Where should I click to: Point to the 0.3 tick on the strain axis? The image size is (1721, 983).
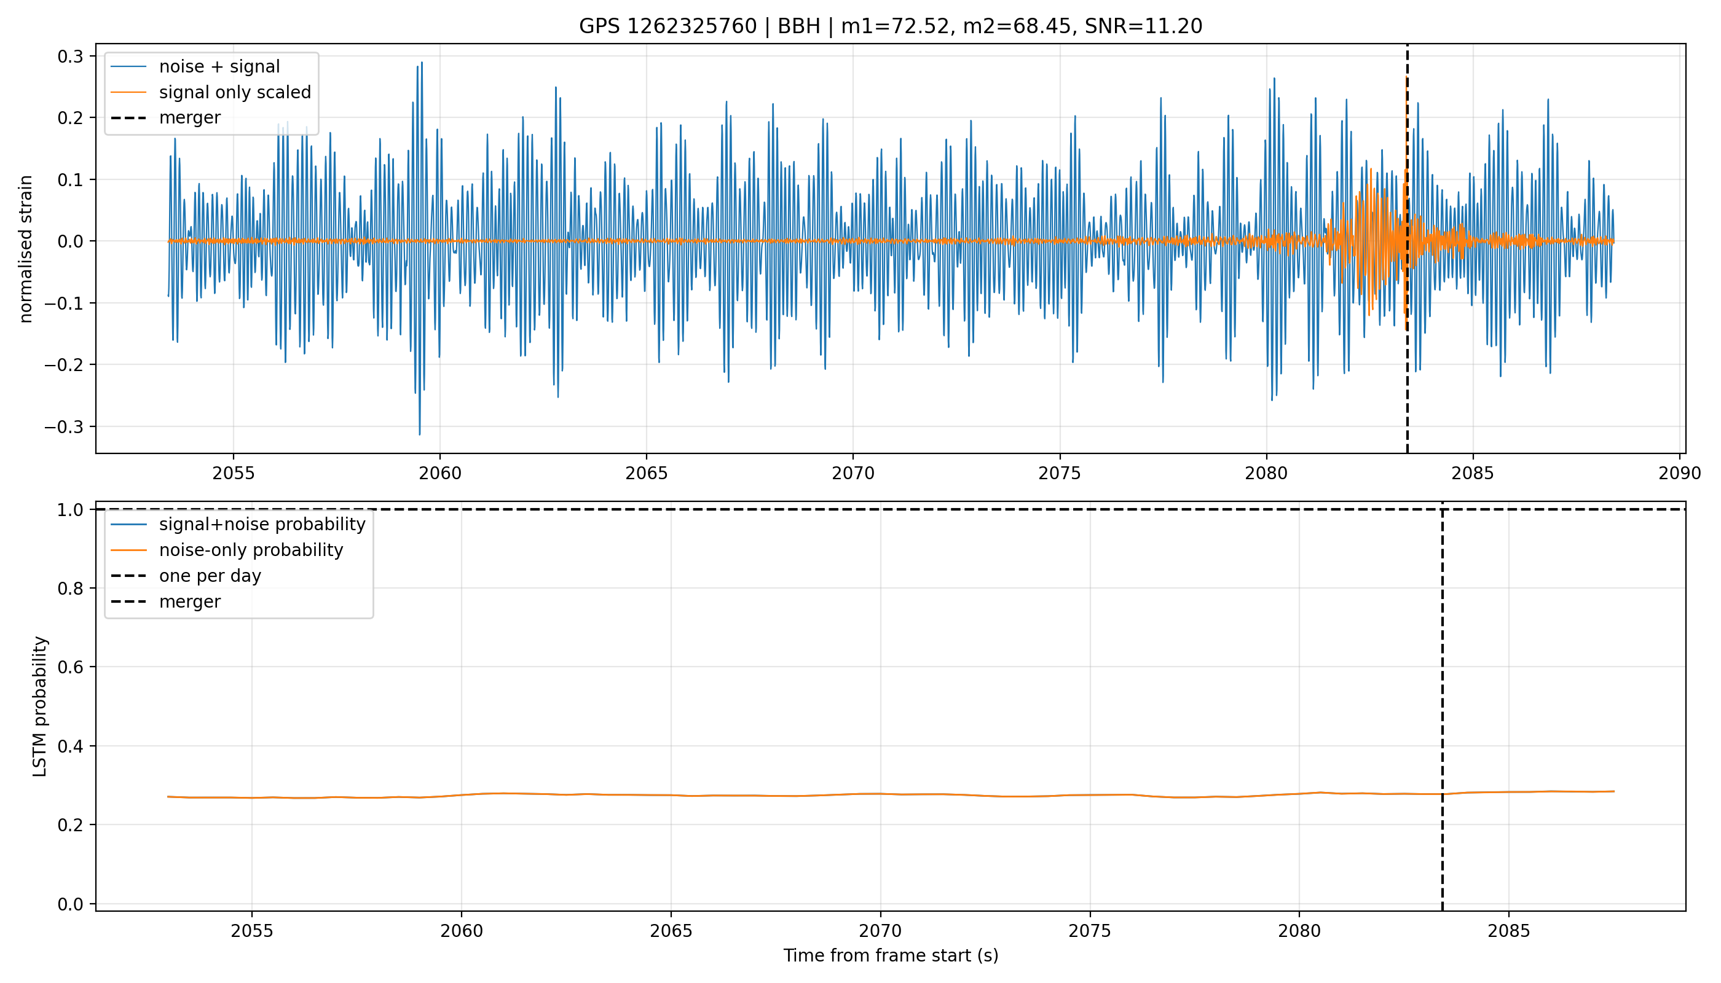click(x=70, y=56)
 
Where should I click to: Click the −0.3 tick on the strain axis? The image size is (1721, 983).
click(x=64, y=427)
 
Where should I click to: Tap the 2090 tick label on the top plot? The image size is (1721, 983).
click(x=1680, y=473)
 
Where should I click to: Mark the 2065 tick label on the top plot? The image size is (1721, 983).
click(x=647, y=473)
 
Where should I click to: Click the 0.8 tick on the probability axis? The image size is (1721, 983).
click(x=70, y=589)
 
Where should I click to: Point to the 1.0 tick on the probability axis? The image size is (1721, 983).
click(x=70, y=510)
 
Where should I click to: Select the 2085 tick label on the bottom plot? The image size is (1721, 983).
click(x=1508, y=931)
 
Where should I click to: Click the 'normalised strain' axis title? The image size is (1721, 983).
click(x=26, y=249)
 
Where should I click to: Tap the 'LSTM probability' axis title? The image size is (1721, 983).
click(x=40, y=706)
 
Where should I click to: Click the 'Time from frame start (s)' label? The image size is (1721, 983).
click(x=891, y=956)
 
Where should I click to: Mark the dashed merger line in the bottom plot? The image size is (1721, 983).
click(x=1442, y=706)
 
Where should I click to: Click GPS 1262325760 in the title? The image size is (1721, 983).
click(x=668, y=26)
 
